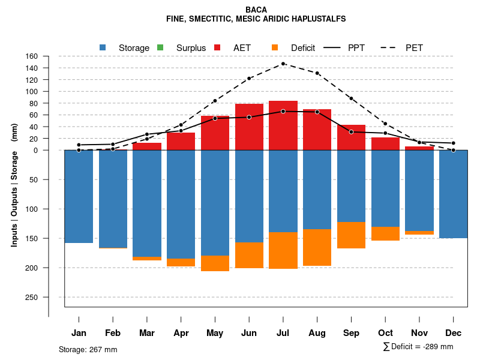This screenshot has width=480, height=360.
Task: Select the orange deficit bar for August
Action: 317,247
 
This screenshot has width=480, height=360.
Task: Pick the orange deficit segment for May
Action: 215,263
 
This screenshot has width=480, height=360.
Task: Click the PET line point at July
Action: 283,64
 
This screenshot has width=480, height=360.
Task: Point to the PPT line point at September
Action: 352,131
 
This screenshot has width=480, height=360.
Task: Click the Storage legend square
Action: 103,47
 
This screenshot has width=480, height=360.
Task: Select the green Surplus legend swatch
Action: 160,47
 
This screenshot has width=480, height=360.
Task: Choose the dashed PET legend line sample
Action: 391,47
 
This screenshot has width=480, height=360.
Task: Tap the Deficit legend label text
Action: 303,47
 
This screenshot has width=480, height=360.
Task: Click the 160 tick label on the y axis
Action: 32,56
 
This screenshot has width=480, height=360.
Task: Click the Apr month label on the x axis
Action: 181,333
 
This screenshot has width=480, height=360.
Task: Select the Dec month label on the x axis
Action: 454,333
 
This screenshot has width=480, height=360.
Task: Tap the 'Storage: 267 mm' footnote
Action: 88,349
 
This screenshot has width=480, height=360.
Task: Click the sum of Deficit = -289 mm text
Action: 418,347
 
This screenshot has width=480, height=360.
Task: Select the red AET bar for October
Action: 386,144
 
